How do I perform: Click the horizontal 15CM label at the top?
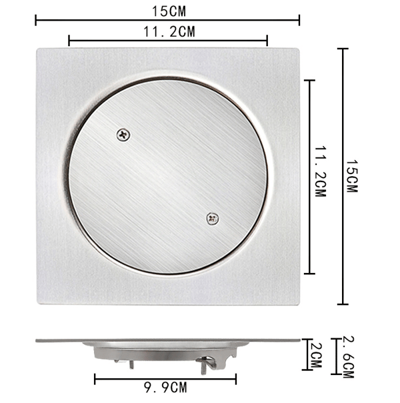[169, 11]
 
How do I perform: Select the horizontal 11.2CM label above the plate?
[169, 32]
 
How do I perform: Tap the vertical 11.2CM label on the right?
[321, 171]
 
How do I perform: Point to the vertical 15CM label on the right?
[352, 176]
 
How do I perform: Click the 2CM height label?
[316, 355]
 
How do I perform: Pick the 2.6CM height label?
[349, 357]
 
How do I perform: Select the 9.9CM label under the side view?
[165, 388]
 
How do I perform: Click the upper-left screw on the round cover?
[123, 135]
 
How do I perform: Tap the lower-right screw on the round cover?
[213, 219]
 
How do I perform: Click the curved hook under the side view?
[211, 363]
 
